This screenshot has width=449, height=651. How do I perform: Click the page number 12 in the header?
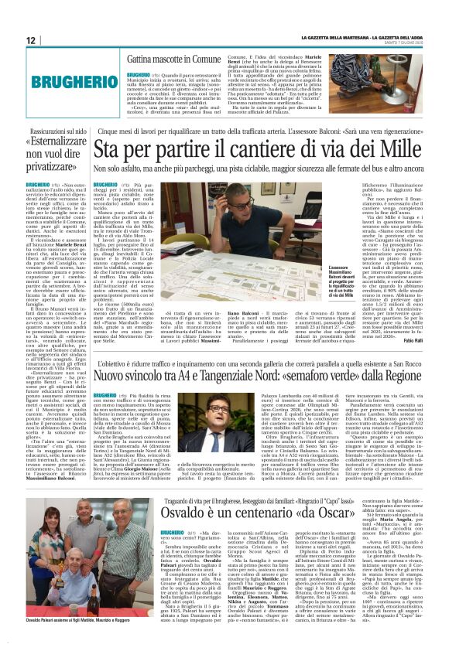pyautogui.click(x=31, y=40)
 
